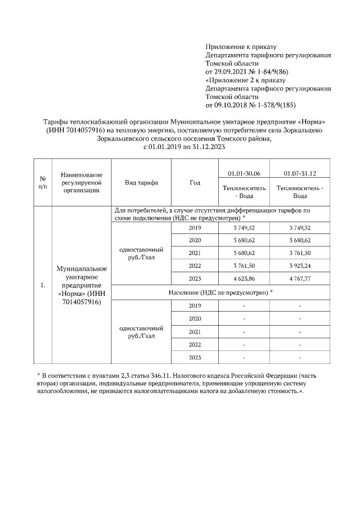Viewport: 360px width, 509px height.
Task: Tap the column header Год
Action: [x=195, y=183]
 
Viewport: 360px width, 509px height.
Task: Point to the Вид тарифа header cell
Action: [x=141, y=183]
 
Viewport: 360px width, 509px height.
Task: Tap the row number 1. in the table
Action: [x=43, y=286]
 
